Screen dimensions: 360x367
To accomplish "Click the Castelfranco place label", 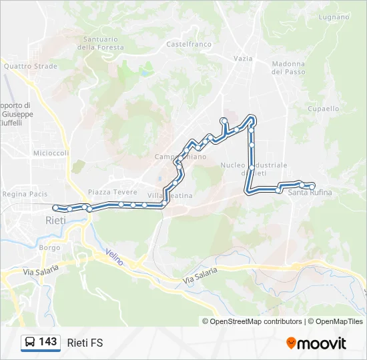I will click(x=189, y=45).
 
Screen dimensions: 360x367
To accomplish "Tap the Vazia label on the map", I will click(x=243, y=59).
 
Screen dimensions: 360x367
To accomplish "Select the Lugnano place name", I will click(x=334, y=17).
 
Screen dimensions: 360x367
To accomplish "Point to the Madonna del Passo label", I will click(x=288, y=68).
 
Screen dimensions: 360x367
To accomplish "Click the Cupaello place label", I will click(x=324, y=109).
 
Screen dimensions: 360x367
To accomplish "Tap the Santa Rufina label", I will click(x=310, y=193).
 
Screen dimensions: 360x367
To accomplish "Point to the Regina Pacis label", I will click(x=25, y=194).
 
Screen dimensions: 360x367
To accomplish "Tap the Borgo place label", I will click(x=49, y=247).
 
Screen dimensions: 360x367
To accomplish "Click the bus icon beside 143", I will click(x=30, y=343).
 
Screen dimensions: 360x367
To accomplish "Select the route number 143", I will click(x=48, y=342).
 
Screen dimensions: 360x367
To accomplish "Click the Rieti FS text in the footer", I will click(x=85, y=343).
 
